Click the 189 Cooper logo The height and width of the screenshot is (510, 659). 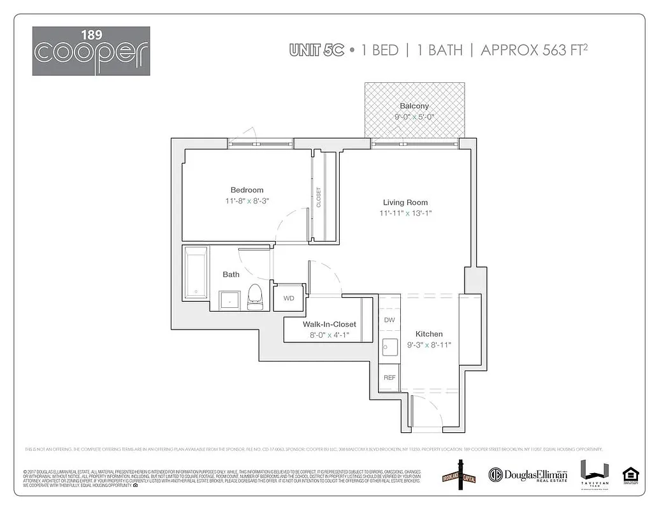click(91, 51)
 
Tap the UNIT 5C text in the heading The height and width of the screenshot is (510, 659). click(317, 50)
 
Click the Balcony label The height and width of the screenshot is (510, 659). click(414, 106)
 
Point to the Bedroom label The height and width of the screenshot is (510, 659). click(247, 190)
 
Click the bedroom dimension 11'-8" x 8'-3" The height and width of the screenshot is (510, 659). click(247, 201)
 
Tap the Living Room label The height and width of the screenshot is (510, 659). click(405, 203)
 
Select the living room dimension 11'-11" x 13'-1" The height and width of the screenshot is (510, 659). click(405, 214)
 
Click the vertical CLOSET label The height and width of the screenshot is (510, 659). click(319, 197)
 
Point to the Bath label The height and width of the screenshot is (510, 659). click(231, 275)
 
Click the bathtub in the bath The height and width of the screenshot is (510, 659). click(196, 273)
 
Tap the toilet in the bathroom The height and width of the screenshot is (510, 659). click(255, 296)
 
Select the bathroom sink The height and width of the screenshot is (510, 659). click(229, 300)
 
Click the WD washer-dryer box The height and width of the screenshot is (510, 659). click(289, 298)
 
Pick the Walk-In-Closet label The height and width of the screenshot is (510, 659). click(329, 324)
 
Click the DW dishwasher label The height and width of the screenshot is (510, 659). click(389, 320)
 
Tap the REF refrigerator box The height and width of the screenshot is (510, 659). click(389, 377)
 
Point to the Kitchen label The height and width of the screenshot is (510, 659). click(429, 334)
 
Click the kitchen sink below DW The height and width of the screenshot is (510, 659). click(389, 348)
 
